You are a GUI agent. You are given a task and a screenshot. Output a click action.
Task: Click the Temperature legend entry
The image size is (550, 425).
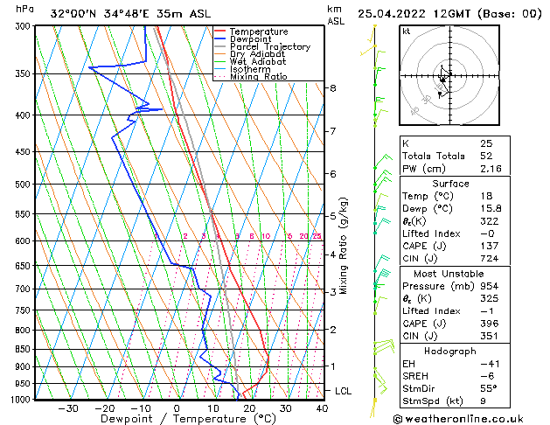pos(260,31)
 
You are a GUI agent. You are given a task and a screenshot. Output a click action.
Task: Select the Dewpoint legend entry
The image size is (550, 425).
pos(254,39)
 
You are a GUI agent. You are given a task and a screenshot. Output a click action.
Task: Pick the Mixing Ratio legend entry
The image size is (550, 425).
pos(259,77)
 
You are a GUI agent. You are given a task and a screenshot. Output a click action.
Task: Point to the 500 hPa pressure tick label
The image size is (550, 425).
pos(23,185)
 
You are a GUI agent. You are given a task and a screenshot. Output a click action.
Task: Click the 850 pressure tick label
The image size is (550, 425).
pos(23,349)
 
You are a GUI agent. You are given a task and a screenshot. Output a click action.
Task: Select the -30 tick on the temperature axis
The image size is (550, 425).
pos(68,408)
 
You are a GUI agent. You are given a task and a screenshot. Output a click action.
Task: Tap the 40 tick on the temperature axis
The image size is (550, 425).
pos(322,408)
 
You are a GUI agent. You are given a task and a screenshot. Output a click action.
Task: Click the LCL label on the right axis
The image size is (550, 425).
pos(343,391)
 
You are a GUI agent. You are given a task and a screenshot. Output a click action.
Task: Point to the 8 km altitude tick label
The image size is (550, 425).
pos(332,88)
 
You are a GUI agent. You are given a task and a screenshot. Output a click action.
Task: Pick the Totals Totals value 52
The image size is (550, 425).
pos(486,156)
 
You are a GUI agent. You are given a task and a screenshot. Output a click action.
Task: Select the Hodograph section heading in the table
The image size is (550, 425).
pos(450,351)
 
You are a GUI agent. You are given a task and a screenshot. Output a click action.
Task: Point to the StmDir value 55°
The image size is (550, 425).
pos(489,389)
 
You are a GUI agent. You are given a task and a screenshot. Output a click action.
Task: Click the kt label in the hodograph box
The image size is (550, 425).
pos(406,31)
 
